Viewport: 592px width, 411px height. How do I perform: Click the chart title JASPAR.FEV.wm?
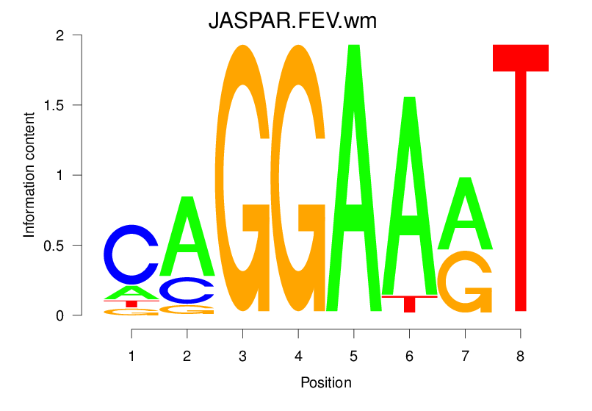point(292,21)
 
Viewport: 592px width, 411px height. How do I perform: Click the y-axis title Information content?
point(29,174)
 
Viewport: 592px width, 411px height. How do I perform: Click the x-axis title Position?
point(325,382)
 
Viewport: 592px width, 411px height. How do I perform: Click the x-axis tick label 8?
point(520,356)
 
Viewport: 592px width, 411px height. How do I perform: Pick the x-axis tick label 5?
point(353,356)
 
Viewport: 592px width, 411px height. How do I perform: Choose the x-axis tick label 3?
point(242,356)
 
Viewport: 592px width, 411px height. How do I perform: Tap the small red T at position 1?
point(131,303)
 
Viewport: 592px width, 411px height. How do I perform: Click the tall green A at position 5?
point(353,176)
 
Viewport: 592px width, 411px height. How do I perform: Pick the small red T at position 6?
point(409,301)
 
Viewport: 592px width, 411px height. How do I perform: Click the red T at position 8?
point(520,176)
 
